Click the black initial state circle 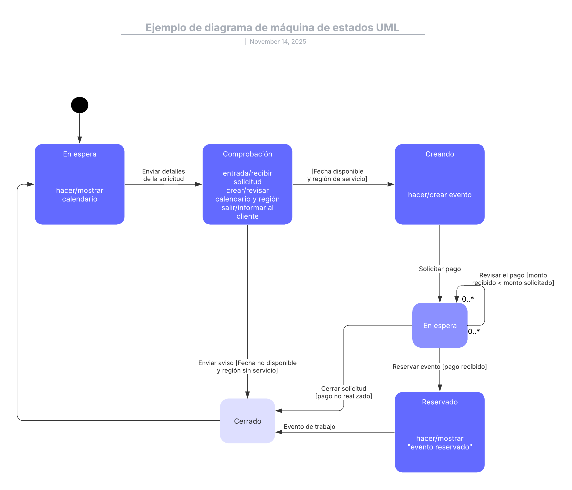point(80,105)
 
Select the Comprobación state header point(247,154)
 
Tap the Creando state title point(439,154)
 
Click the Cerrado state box point(247,421)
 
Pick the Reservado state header point(439,402)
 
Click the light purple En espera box point(439,325)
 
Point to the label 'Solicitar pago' point(439,269)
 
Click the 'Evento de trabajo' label point(309,427)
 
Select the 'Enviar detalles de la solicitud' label point(163,175)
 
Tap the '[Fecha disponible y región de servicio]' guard point(337,175)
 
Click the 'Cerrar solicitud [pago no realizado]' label point(343,392)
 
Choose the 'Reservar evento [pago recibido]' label point(439,366)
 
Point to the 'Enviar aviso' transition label point(247,366)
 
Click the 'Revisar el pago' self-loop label point(513,279)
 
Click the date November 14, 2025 point(278,42)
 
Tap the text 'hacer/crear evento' point(439,195)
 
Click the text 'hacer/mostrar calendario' point(80,195)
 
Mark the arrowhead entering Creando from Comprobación point(391,184)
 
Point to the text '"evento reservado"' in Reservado point(439,447)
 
